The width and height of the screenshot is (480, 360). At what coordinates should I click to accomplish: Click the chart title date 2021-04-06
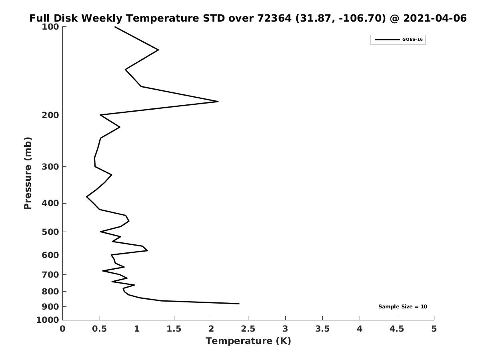435,18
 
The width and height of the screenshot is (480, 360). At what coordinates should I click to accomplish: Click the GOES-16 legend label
412,40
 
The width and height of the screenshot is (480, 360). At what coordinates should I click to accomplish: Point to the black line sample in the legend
387,40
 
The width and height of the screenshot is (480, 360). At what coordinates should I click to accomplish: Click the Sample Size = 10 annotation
402,307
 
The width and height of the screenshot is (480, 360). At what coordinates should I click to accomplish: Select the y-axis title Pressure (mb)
28,173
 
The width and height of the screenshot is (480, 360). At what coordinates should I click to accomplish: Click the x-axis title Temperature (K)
248,341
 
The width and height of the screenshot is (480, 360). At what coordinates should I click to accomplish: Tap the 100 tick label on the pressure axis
50,27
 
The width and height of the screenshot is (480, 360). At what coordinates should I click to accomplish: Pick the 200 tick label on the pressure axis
50,115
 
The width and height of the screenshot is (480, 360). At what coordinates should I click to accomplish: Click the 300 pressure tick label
50,167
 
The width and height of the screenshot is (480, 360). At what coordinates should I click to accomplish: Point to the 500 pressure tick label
50,232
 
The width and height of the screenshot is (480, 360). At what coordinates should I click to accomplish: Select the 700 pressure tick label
50,275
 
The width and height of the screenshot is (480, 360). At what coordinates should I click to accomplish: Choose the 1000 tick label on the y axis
48,320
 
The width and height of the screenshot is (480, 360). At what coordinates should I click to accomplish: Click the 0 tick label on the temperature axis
63,329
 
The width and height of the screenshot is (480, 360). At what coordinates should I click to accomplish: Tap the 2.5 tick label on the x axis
248,329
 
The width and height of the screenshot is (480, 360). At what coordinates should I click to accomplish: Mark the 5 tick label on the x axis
434,329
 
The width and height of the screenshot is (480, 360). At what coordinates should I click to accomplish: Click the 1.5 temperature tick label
174,329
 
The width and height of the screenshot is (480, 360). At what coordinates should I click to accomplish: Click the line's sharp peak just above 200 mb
218,102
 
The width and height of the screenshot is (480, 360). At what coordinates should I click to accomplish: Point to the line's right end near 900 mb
239,304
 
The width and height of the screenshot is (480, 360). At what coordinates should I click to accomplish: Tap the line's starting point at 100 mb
115,27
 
